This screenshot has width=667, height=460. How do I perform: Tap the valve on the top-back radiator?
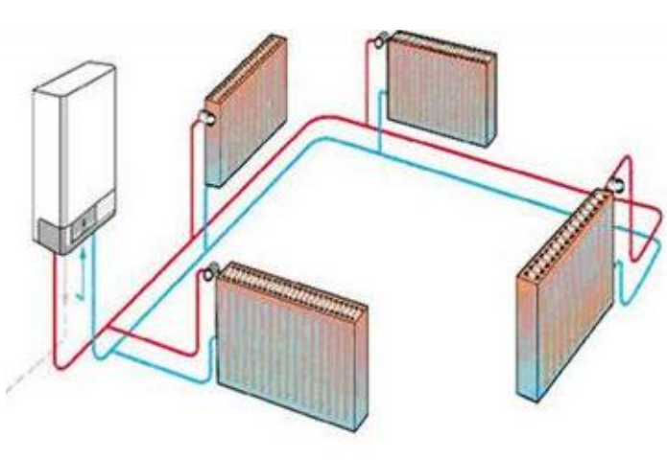click(x=382, y=41)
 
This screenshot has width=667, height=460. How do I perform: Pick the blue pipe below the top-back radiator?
click(x=380, y=139)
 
